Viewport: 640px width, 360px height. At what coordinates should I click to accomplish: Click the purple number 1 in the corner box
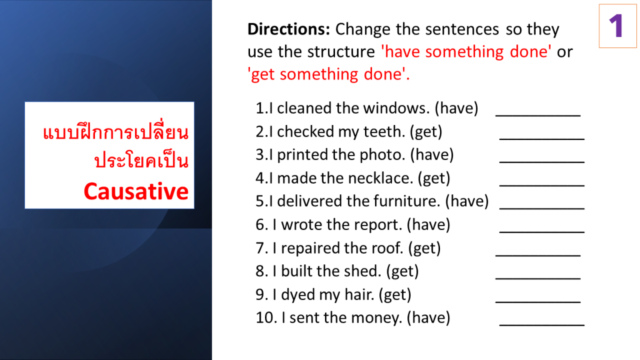click(x=616, y=26)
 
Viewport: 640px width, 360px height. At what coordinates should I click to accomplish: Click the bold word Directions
click(x=289, y=29)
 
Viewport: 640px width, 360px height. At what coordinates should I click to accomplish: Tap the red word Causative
click(x=136, y=191)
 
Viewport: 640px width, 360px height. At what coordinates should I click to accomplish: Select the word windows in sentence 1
click(x=396, y=108)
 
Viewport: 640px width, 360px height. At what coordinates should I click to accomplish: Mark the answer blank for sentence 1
click(x=537, y=116)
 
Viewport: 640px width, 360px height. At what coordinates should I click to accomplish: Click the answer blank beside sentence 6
click(x=542, y=232)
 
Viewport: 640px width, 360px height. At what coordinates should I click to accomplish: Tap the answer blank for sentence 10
click(x=542, y=325)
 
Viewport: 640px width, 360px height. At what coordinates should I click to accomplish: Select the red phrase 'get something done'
click(x=329, y=74)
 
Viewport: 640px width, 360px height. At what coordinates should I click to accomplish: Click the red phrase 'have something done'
click(x=466, y=52)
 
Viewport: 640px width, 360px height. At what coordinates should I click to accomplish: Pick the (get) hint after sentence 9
click(x=395, y=295)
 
